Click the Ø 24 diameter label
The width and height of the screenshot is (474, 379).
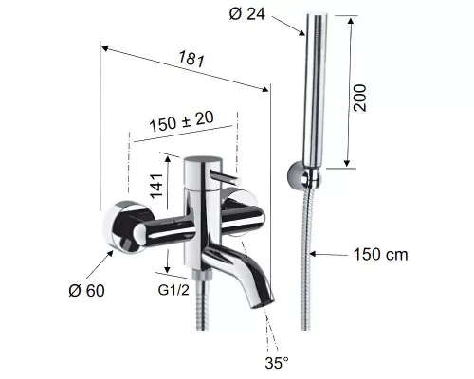point(246,14)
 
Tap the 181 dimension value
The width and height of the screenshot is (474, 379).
point(191,59)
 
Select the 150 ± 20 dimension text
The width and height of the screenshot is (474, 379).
point(181,121)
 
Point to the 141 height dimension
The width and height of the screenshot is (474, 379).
point(156,186)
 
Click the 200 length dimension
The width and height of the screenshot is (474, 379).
point(360,98)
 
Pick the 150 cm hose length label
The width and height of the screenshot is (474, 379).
point(380,254)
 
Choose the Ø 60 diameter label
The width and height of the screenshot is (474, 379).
point(86,291)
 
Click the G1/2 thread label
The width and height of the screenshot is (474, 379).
point(173,290)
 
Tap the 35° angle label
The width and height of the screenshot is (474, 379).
point(277,363)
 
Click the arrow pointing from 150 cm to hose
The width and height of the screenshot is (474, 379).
point(329,254)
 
